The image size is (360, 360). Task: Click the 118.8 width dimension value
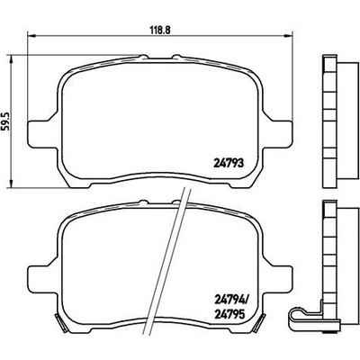(160, 30)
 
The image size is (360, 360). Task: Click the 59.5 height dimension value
(7, 121)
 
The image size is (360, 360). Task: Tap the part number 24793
(229, 164)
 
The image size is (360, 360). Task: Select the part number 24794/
(230, 299)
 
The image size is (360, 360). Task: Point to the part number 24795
(229, 315)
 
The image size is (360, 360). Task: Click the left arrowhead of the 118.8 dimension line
(31, 36)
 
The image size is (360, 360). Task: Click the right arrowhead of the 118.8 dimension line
(288, 36)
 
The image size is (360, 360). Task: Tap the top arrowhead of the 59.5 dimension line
(12, 58)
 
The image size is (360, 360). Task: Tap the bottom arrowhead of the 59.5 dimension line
(12, 184)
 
